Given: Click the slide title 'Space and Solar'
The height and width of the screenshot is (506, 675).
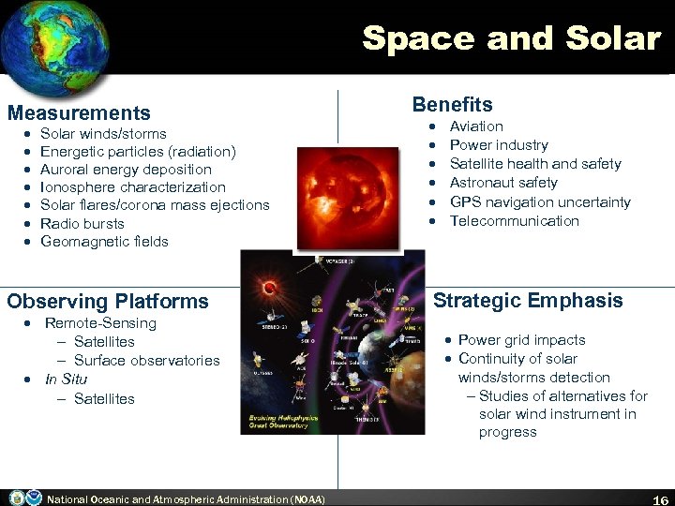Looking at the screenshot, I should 511,38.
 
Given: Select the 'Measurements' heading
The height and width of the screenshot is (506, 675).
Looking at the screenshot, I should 79,113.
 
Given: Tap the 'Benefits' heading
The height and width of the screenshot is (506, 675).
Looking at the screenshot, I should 452,105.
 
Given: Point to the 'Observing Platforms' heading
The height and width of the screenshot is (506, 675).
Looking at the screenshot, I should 108,302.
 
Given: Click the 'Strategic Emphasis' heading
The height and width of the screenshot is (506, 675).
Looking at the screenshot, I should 527,301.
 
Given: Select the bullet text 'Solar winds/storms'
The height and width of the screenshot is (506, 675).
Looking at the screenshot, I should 103,134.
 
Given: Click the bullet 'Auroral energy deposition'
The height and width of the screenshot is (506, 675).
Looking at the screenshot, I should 126,170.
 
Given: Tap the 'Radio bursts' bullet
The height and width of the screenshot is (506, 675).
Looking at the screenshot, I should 82,223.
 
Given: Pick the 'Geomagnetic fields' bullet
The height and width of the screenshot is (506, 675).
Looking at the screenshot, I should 104,242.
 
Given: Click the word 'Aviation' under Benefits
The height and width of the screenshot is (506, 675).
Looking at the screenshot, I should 476,126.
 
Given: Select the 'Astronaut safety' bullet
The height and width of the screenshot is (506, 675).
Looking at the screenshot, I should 503,183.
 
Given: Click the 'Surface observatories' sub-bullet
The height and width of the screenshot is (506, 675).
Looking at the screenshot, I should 146,361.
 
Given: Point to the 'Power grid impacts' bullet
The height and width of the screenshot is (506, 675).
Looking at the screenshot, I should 521,340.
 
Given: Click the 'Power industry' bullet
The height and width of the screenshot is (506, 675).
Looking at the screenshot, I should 499,145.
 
